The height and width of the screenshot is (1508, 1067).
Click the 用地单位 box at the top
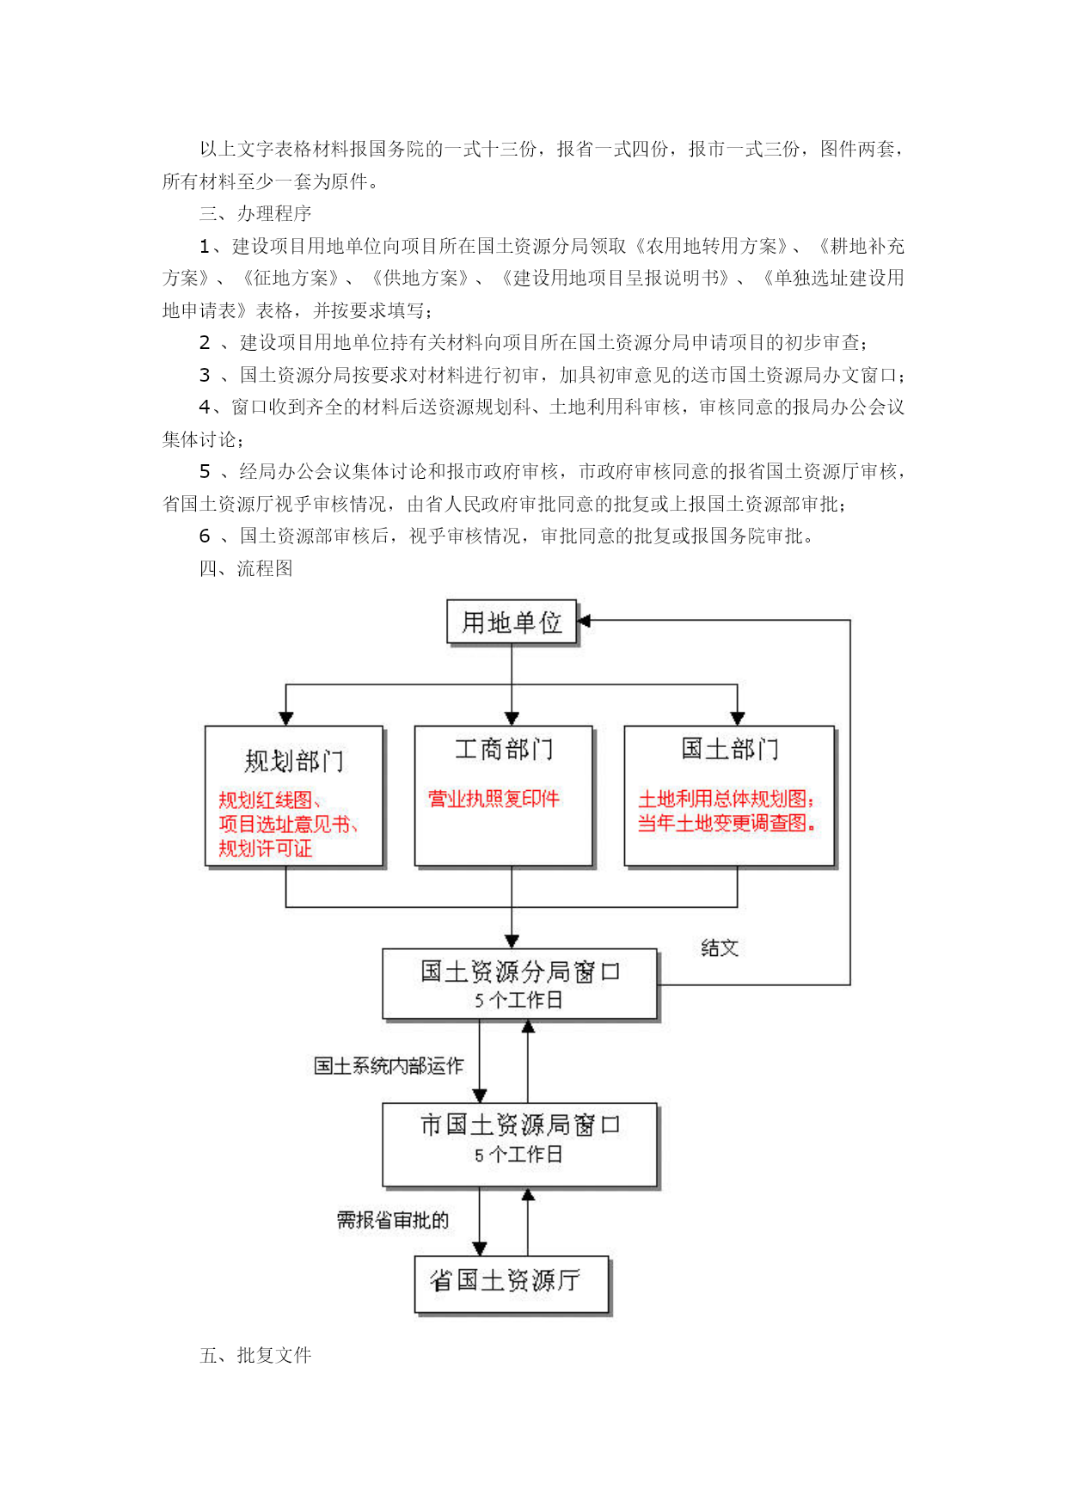pos(512,622)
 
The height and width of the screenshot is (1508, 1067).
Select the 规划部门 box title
pos(294,761)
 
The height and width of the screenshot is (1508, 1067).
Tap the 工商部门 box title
pos(504,749)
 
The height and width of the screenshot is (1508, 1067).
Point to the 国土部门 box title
pos(730,749)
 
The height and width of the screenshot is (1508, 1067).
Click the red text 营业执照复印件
pos(494,799)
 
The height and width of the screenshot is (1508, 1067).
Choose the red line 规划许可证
pos(265,849)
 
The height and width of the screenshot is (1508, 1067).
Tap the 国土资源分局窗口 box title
pos(520,972)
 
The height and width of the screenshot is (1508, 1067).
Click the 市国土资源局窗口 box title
pos(520,1125)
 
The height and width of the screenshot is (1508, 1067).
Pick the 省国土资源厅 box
pos(512,1284)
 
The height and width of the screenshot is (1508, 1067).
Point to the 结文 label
pos(720,947)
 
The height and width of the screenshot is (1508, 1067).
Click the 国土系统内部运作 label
pos(389,1066)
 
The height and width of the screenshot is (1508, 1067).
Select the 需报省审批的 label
pos(393,1220)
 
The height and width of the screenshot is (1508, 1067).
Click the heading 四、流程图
pos(246,568)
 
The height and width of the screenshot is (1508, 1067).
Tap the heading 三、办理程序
pos(255,213)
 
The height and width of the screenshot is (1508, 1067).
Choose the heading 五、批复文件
pos(255,1355)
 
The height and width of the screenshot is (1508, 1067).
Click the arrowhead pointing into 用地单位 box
pos(584,620)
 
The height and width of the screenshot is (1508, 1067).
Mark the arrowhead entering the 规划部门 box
pos(286,719)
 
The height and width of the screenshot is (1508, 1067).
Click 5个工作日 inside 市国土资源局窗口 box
pos(518,1155)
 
